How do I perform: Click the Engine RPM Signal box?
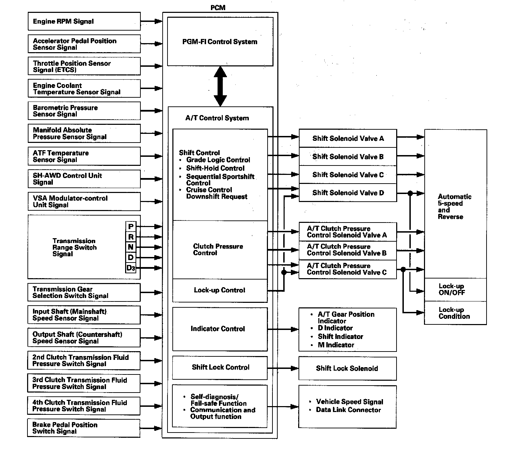click(x=84, y=22)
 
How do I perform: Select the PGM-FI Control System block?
click(x=220, y=42)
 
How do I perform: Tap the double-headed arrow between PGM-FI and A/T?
click(x=220, y=86)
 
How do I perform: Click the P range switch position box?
click(x=131, y=227)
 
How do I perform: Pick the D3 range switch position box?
click(x=131, y=268)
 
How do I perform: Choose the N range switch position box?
click(x=131, y=247)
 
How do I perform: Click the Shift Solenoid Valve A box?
click(x=348, y=138)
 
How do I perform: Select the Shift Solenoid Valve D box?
click(x=348, y=193)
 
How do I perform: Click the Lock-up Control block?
click(x=220, y=290)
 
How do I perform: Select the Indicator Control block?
click(x=220, y=329)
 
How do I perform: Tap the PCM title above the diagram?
click(x=218, y=8)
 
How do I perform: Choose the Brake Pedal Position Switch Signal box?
click(x=84, y=428)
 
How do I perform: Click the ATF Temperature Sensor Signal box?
click(x=84, y=156)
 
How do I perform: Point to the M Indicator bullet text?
click(x=336, y=345)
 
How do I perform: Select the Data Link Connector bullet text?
click(x=348, y=410)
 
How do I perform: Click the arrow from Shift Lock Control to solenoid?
click(x=283, y=368)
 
